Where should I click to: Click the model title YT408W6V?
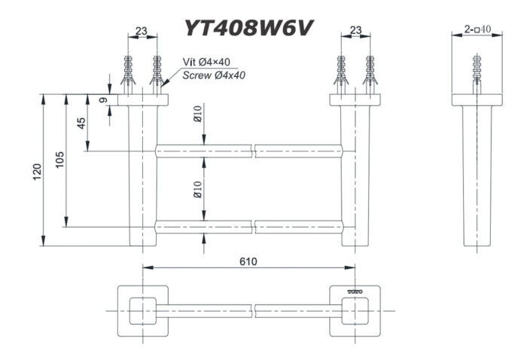click(x=249, y=27)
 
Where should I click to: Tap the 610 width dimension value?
click(x=248, y=261)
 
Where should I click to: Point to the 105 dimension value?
click(x=60, y=160)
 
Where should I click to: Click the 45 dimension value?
click(x=81, y=123)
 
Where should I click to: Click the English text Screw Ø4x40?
click(x=214, y=75)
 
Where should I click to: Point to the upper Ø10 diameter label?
click(x=196, y=115)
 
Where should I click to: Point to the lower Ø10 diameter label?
click(x=198, y=189)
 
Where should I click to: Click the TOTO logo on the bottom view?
click(x=355, y=291)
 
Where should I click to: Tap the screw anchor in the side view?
click(x=476, y=72)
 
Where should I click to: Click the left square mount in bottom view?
click(x=142, y=310)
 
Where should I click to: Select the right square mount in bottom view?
click(x=355, y=310)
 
